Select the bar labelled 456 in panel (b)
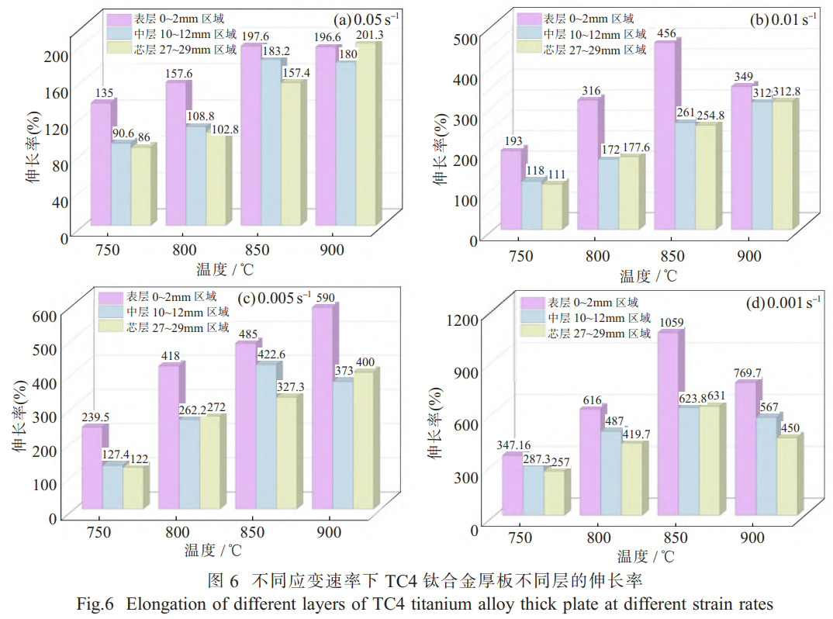[664, 136]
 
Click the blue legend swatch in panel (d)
[533, 318]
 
